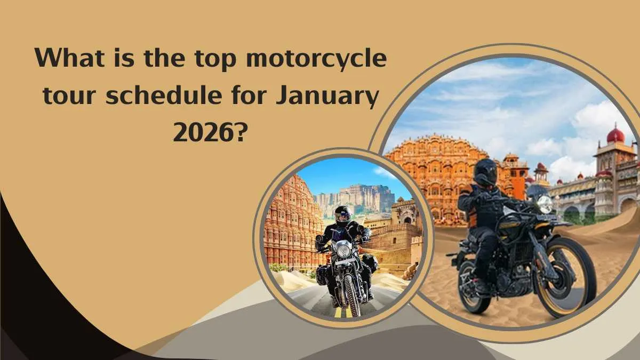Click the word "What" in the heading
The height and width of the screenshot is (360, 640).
point(69,57)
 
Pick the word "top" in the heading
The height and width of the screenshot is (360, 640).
point(215,60)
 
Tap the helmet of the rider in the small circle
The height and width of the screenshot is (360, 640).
point(343,214)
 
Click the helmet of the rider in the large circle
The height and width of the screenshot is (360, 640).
point(485,172)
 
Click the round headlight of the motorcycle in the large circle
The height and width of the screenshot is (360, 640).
point(545,205)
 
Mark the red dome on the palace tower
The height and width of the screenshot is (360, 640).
point(615,135)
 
